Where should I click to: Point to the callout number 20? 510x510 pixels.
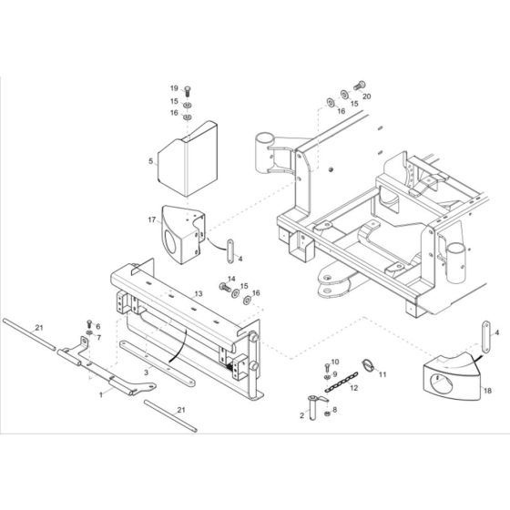click(366, 96)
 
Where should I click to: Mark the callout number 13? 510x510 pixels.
click(197, 293)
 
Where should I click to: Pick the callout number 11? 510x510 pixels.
click(382, 373)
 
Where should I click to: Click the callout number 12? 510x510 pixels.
click(352, 389)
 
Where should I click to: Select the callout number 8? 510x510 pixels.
click(336, 412)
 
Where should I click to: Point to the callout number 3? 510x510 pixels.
click(146, 373)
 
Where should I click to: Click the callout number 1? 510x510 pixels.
click(101, 393)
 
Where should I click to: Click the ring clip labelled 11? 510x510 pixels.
click(368, 368)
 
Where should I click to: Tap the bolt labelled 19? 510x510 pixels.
click(187, 89)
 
